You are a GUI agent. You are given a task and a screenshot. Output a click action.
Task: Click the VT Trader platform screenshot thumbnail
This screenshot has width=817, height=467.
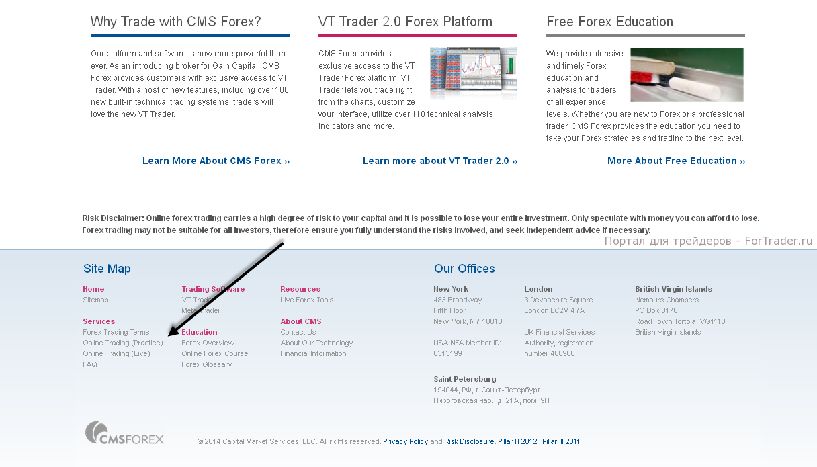click(x=474, y=73)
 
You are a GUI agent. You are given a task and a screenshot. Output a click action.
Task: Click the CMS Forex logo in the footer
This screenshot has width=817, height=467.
click(x=124, y=433)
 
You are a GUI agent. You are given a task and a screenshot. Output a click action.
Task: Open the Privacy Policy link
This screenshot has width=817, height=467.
click(x=405, y=441)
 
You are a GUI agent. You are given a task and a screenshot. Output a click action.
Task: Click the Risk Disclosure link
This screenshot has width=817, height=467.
click(x=469, y=441)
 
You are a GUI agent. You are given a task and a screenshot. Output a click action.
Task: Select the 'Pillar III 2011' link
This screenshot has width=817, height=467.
click(x=561, y=441)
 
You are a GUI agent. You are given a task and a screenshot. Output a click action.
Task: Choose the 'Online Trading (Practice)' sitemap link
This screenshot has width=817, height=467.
click(x=122, y=343)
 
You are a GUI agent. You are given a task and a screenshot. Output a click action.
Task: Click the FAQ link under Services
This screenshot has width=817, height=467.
click(x=90, y=364)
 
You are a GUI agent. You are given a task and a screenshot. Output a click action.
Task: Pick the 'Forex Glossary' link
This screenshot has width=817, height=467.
click(x=206, y=364)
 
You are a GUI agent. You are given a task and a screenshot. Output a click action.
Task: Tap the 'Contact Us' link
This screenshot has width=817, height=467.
click(x=298, y=332)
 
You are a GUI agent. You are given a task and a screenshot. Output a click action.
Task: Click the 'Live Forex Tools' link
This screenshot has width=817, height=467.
click(x=307, y=300)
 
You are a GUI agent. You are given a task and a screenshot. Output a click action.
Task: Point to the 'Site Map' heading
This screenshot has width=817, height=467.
click(x=107, y=269)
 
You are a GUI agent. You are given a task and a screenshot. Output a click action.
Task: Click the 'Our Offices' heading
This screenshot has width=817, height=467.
click(x=464, y=269)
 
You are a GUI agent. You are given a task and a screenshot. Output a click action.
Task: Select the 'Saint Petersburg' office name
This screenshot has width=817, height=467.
click(x=465, y=379)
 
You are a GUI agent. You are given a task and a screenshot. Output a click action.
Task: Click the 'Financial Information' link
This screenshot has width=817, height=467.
click(x=313, y=353)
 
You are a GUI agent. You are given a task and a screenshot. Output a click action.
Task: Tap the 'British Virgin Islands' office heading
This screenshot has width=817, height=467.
click(x=673, y=289)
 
